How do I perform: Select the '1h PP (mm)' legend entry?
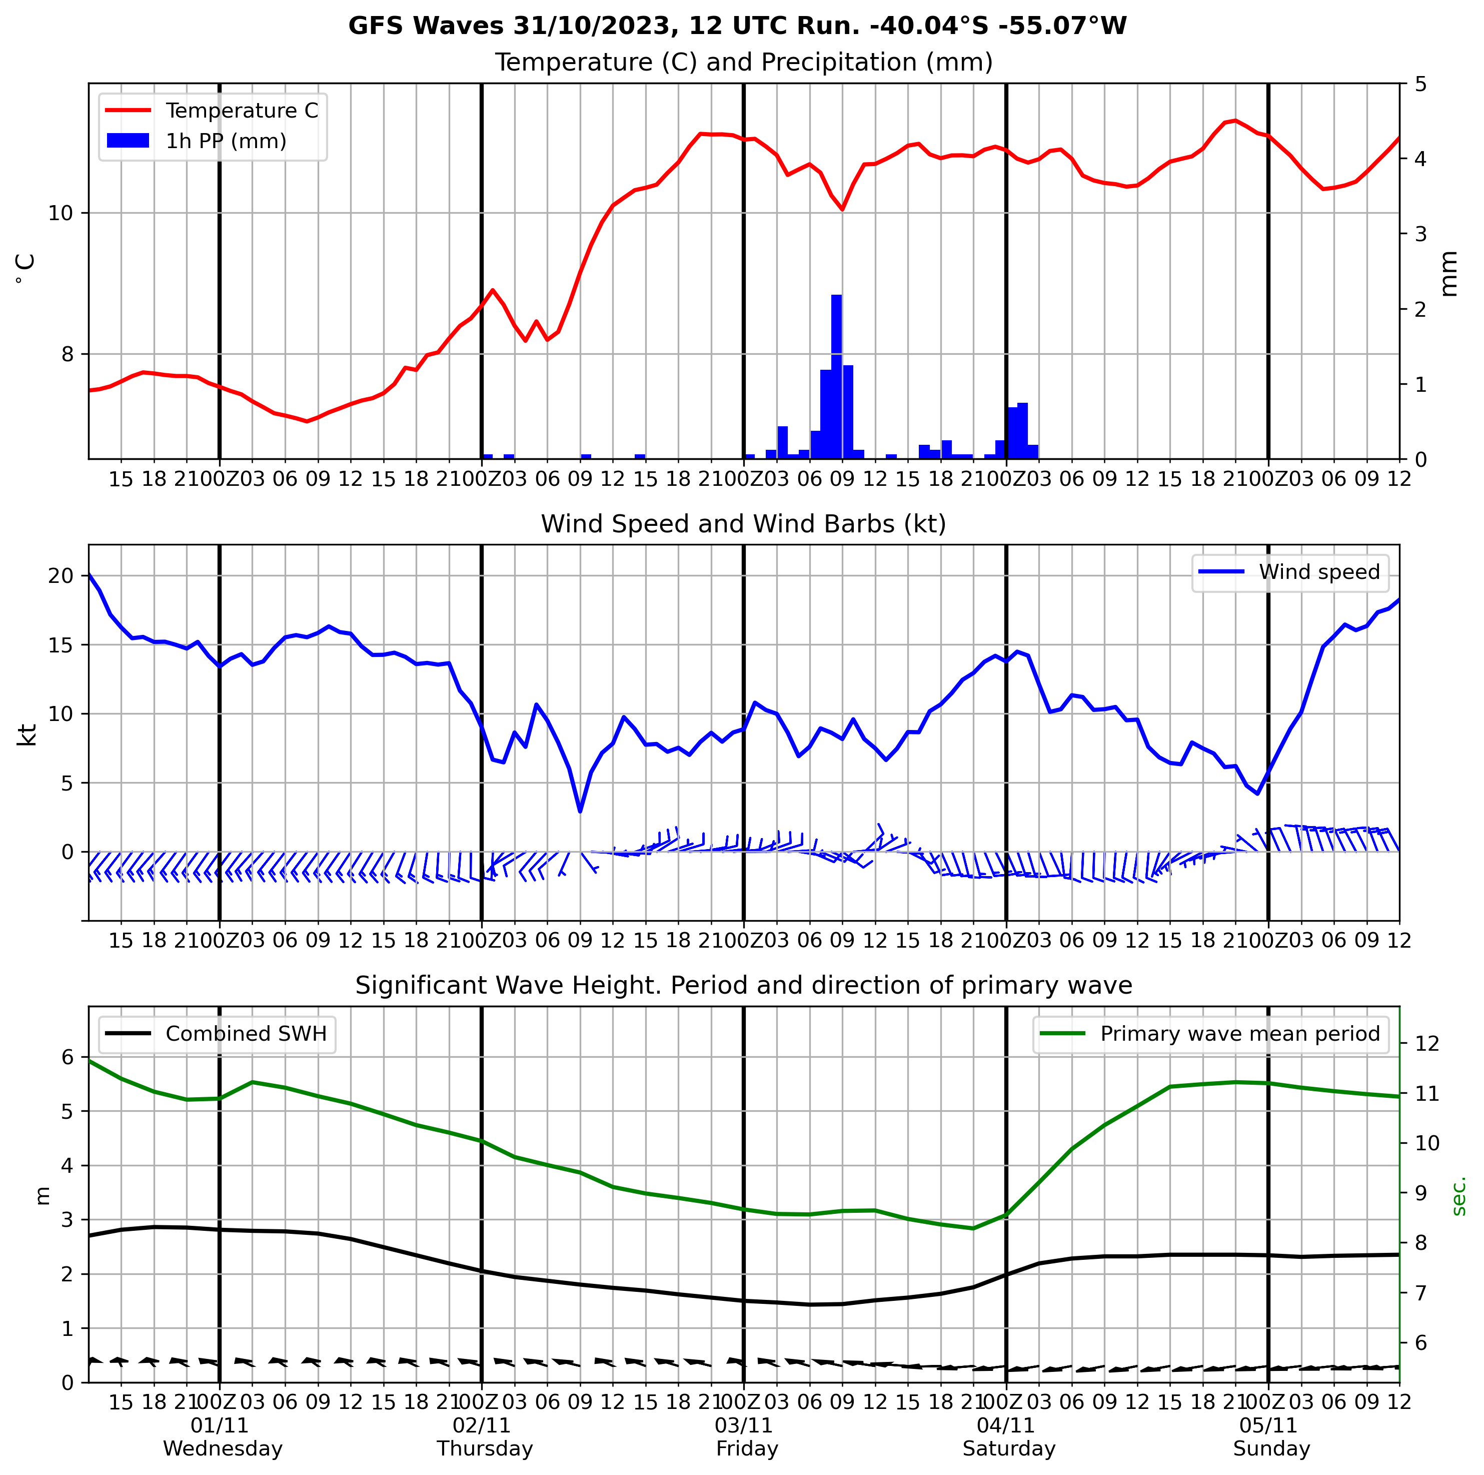point(226,142)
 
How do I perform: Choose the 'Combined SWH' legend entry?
point(246,1034)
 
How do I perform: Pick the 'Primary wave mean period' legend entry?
point(1240,1034)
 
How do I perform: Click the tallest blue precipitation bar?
point(836,376)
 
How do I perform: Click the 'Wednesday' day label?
point(223,1449)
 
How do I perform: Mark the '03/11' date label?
point(744,1426)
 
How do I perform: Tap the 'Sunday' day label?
point(1271,1449)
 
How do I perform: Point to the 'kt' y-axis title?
point(28,734)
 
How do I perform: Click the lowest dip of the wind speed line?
point(580,811)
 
